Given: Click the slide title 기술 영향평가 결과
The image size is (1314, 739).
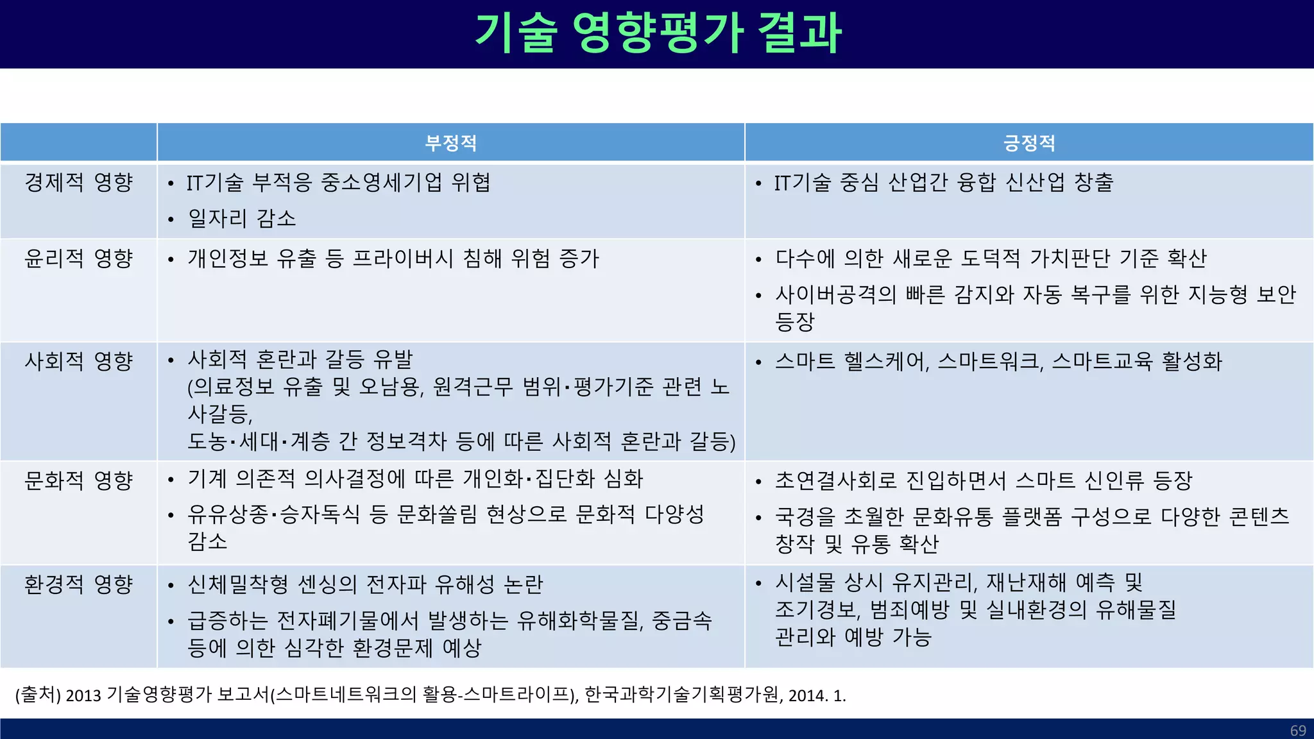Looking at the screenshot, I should click(x=658, y=33).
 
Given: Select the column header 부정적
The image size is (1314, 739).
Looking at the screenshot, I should click(x=451, y=142).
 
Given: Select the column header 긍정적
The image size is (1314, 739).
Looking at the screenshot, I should click(x=1029, y=142).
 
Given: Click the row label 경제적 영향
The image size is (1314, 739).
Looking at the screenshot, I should click(x=78, y=182).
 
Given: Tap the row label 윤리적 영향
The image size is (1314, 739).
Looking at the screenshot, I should click(x=78, y=259).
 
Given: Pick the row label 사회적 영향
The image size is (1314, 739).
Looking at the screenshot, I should click(x=78, y=361).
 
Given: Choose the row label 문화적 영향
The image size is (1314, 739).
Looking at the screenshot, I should click(x=78, y=480).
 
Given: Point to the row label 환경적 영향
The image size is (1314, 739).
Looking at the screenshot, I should click(x=78, y=584).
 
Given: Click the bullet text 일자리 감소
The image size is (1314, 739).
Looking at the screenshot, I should click(x=242, y=219).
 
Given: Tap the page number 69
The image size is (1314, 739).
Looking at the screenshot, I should click(x=1298, y=731).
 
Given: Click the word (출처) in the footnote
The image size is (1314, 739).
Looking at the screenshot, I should click(x=38, y=695).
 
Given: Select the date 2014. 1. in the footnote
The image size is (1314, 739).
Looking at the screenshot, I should click(x=817, y=695).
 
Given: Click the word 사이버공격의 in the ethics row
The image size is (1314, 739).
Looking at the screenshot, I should click(x=835, y=294).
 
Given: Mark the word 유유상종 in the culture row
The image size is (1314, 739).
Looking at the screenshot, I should click(x=228, y=514).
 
